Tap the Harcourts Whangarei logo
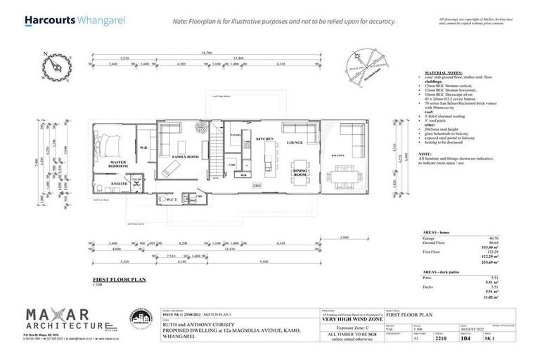[75, 20]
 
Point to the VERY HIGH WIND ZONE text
[352, 319]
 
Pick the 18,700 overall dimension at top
[207, 53]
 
